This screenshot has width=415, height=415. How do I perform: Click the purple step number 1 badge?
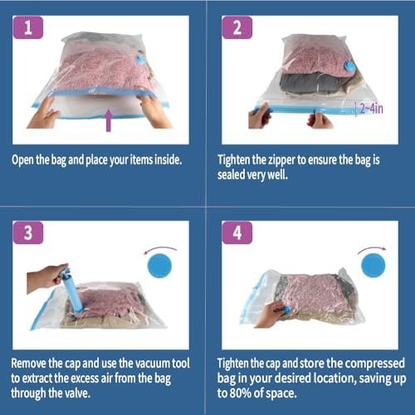click(28, 27)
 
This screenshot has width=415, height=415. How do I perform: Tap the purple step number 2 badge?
click(237, 27)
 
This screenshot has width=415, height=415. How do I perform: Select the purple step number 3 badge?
click(28, 232)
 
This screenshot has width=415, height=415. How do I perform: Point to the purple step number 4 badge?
click(237, 232)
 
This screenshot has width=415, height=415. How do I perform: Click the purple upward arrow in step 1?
click(109, 120)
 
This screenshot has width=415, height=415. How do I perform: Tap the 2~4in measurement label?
click(371, 109)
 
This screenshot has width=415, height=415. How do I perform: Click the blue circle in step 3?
click(159, 266)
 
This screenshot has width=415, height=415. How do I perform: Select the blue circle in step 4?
click(373, 265)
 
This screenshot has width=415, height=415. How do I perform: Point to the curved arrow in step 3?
click(160, 249)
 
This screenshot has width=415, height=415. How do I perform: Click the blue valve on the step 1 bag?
click(139, 61)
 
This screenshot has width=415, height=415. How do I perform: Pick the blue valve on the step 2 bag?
click(349, 66)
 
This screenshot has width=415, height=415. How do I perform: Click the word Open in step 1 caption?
click(23, 160)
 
